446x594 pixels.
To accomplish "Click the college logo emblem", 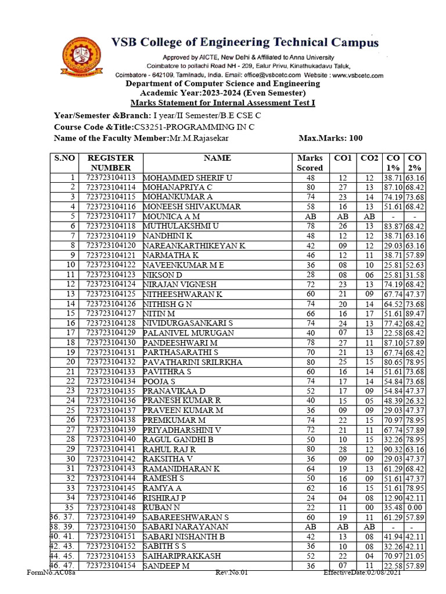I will tap(81, 57).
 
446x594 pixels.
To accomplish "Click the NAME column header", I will tap(217, 158).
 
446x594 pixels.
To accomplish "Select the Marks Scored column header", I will tap(310, 162).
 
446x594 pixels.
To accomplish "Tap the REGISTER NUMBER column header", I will tap(110, 162).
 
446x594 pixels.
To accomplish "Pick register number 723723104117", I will tap(110, 216).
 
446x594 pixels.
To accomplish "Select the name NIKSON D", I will tap(163, 274).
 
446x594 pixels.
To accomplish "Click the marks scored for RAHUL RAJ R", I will tap(310, 449).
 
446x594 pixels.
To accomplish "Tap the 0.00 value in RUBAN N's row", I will tap(415, 507).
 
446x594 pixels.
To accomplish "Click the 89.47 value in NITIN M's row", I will tap(415, 313).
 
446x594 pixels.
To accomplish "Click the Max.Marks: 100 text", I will tap(330, 138).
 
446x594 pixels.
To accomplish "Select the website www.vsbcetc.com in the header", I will tap(349, 75).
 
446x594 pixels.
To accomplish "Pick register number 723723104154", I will tap(110, 565).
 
